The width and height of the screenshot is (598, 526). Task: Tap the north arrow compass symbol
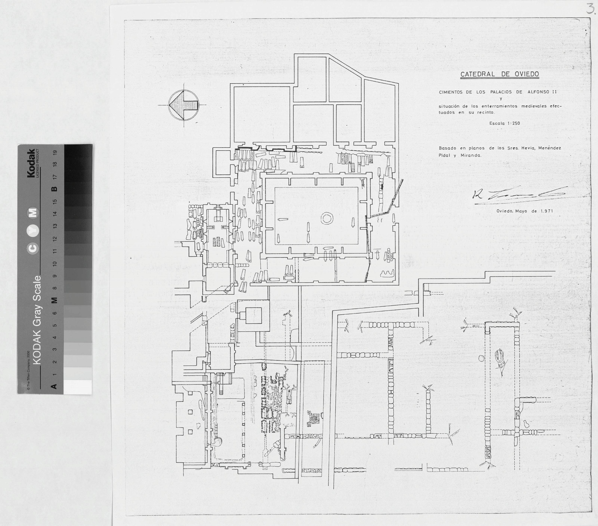coord(184,105)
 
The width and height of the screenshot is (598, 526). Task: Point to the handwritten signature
coord(518,194)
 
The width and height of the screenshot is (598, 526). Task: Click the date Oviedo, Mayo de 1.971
coord(524,211)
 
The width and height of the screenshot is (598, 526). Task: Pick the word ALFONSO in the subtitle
coord(539,92)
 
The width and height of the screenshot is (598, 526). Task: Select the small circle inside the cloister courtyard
coord(327,218)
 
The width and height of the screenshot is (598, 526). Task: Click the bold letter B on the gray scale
coord(54,189)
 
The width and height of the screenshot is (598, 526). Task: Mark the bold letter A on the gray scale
coord(53,386)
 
